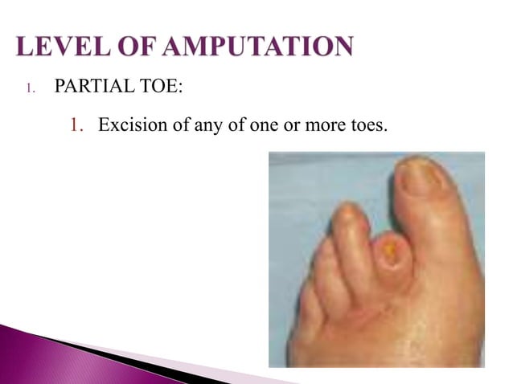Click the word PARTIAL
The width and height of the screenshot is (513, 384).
pos(90,84)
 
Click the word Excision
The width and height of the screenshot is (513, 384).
pos(129,125)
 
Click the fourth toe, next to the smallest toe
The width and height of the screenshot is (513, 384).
pos(322,257)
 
